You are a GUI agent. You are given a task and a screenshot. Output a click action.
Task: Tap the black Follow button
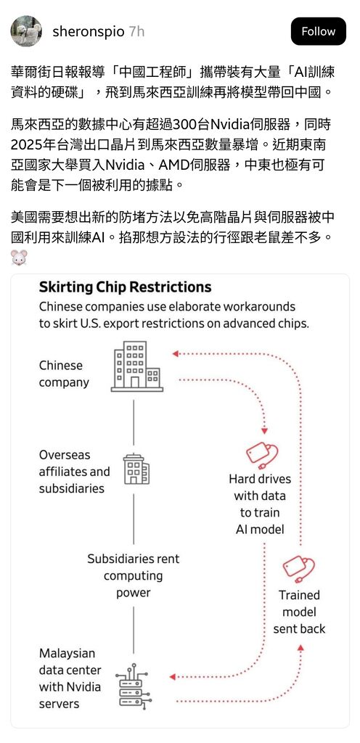click(x=319, y=31)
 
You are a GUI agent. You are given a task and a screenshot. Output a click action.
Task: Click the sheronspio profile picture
click(x=26, y=31)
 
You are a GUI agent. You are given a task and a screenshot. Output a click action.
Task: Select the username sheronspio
click(x=88, y=32)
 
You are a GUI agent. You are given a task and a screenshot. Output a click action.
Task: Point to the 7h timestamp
click(x=136, y=32)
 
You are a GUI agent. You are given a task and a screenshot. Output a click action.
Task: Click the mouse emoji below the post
click(x=19, y=258)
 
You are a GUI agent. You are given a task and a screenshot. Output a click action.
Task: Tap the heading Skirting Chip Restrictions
click(x=125, y=287)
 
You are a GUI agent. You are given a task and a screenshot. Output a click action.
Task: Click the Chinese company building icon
click(x=137, y=366)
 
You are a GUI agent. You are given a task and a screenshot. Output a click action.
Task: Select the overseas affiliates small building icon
click(x=136, y=469)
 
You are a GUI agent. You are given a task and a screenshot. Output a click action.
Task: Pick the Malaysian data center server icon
click(x=134, y=686)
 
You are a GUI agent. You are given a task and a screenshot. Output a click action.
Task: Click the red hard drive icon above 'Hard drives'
click(x=262, y=453)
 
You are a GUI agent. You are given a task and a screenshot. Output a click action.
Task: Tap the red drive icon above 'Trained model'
click(x=298, y=569)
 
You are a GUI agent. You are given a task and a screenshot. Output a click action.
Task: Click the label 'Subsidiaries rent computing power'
click(x=134, y=575)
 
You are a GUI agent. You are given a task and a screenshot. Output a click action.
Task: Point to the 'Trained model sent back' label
click(x=299, y=612)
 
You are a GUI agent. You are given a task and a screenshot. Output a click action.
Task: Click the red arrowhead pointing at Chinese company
click(x=175, y=353)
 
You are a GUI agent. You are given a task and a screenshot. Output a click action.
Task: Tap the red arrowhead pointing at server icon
click(x=173, y=677)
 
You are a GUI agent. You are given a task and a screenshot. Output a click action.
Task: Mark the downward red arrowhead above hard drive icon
click(x=264, y=431)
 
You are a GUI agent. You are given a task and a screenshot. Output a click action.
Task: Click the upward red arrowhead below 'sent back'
click(x=300, y=647)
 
